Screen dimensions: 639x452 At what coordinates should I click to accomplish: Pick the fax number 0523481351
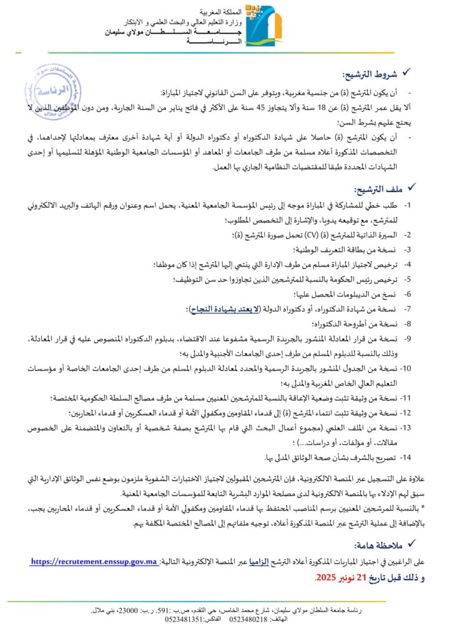182,619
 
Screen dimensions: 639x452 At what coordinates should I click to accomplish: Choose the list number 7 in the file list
407,309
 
